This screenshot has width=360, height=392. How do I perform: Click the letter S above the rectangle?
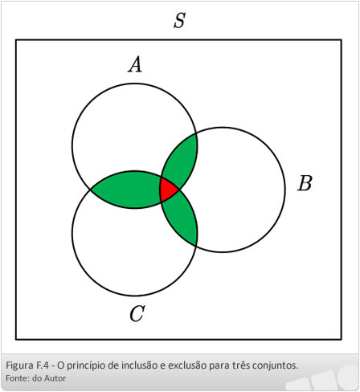[179, 20]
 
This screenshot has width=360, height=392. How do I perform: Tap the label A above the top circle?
[135, 64]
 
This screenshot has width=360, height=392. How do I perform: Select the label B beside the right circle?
[305, 183]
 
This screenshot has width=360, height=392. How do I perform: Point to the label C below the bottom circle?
[137, 313]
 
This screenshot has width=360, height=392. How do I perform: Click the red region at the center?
[166, 190]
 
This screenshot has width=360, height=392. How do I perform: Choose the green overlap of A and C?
[127, 190]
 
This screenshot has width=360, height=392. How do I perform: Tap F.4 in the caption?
[42, 365]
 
